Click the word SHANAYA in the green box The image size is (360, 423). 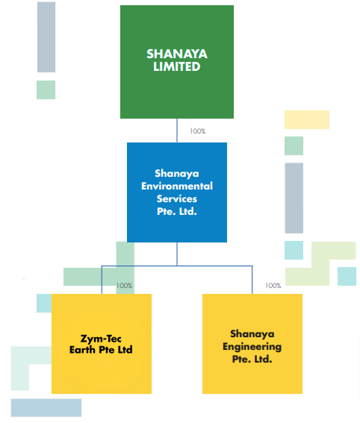pyautogui.click(x=177, y=54)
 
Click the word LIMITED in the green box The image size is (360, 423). pyautogui.click(x=177, y=66)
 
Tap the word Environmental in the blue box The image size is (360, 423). pyautogui.click(x=177, y=186)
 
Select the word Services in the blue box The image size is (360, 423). pyautogui.click(x=177, y=199)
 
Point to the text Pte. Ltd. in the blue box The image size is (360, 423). pyautogui.click(x=177, y=212)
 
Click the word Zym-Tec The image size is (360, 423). pyautogui.click(x=101, y=339)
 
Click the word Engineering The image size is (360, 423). pyautogui.click(x=252, y=347)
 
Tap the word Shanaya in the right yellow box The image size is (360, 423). pyautogui.click(x=252, y=333)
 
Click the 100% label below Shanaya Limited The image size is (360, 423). pyautogui.click(x=197, y=131)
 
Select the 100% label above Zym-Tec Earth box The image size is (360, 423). pyautogui.click(x=124, y=286)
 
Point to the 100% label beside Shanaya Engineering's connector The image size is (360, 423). pyautogui.click(x=273, y=286)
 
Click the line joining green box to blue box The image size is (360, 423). pyautogui.click(x=177, y=131)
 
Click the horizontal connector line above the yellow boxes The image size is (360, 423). pyautogui.click(x=177, y=266)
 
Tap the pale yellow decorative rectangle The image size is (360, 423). pyautogui.click(x=307, y=119)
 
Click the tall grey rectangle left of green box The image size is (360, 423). pyautogui.click(x=46, y=37)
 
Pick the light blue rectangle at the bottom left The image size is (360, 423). pyautogui.click(x=46, y=407)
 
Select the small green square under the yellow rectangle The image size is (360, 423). pyautogui.click(x=294, y=145)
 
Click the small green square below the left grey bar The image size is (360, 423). pyautogui.click(x=46, y=90)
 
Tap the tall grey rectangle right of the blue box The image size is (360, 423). pyautogui.click(x=294, y=198)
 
